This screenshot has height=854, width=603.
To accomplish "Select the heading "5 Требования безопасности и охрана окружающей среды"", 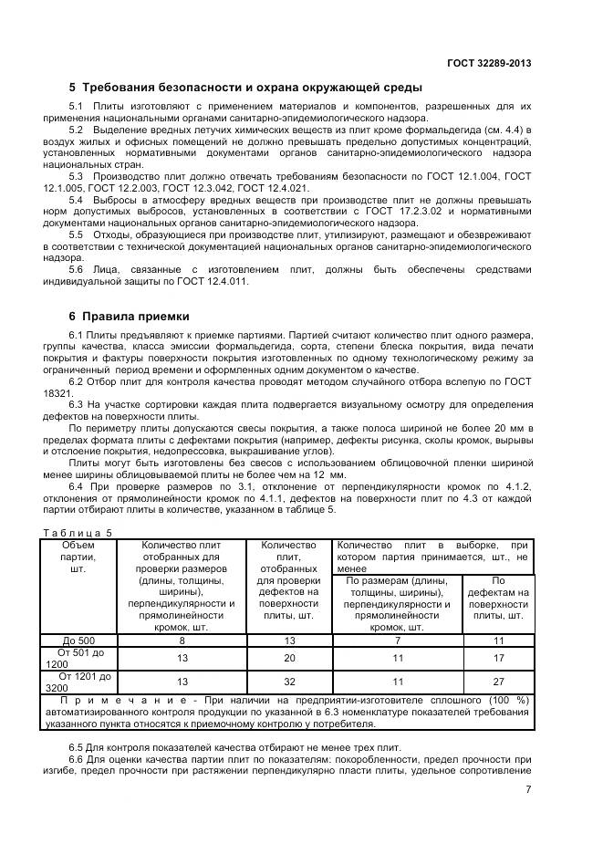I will pos(245,89).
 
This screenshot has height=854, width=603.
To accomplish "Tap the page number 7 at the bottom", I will pos(528,790).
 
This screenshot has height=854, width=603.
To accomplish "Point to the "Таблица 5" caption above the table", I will pos(77,532).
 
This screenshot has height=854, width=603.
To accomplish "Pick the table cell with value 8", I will pos(182,640).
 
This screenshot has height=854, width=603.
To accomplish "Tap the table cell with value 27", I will pos(498,682).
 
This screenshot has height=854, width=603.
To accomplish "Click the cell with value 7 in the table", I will pos(397,640).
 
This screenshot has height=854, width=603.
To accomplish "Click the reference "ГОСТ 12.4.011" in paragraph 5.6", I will pos(215,281).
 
